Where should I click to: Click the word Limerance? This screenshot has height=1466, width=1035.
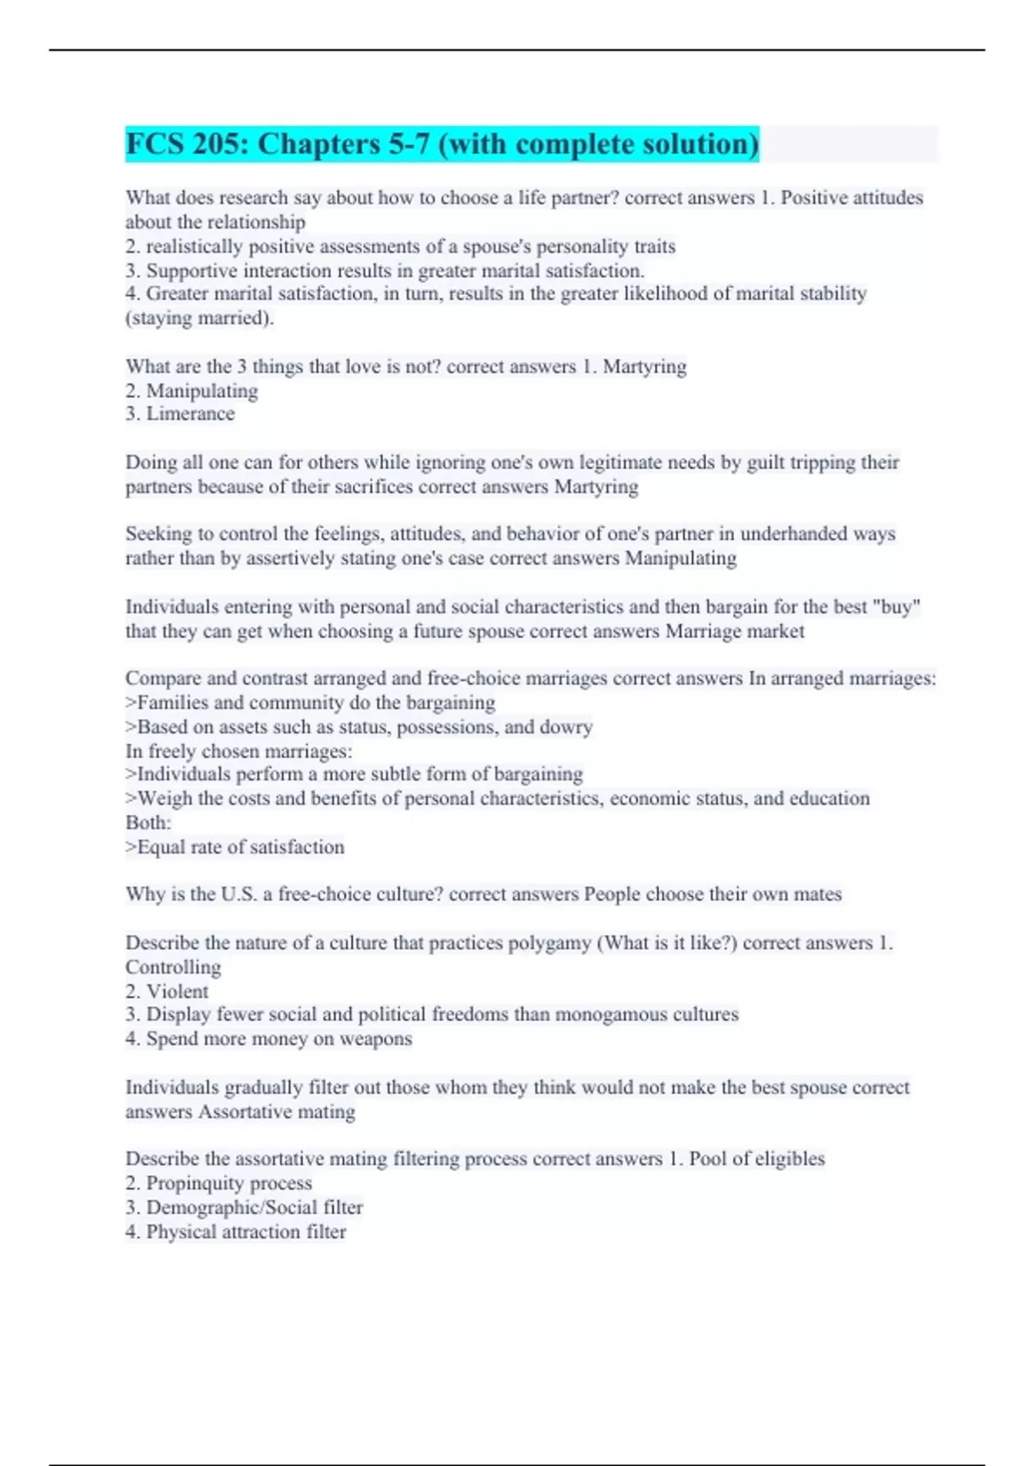190,414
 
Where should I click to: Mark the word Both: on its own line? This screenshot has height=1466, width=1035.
148,823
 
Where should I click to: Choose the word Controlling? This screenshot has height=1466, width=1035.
173,968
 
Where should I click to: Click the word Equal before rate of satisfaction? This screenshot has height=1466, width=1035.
161,848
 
